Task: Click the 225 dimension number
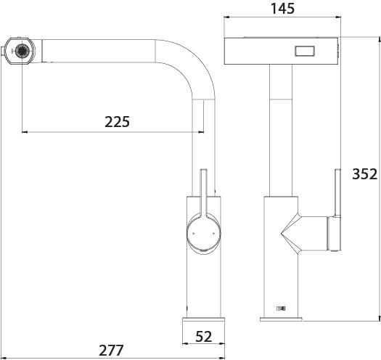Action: click(x=117, y=122)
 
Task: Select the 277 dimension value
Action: click(x=111, y=351)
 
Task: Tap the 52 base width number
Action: click(x=204, y=337)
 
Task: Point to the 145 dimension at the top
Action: click(x=282, y=9)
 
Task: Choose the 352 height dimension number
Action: click(x=365, y=174)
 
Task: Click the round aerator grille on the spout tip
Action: click(x=22, y=51)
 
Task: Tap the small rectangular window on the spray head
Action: click(x=305, y=51)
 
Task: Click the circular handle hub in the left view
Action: click(x=204, y=233)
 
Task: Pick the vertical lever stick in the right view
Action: click(x=337, y=192)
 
